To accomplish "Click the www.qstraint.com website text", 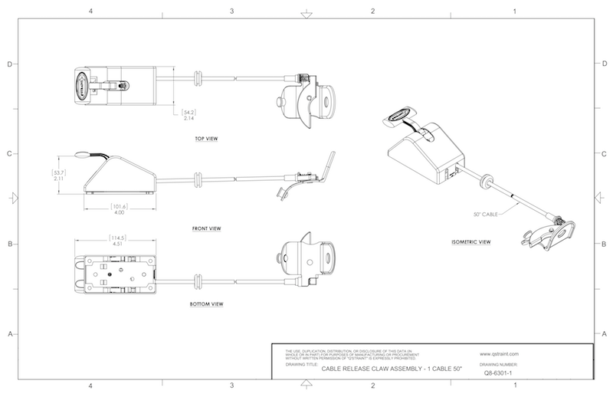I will point(500,354).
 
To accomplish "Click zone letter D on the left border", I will point(8,64).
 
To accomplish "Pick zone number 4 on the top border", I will point(91,11).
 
